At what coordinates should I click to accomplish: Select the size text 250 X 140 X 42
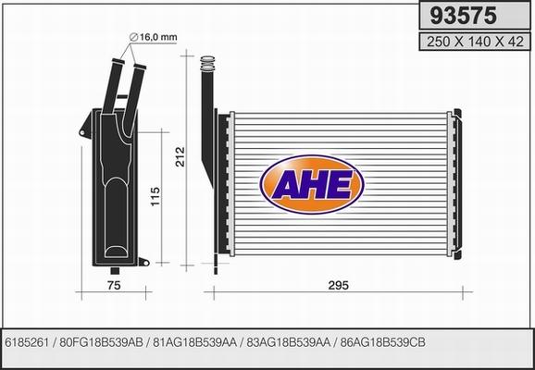[469, 42]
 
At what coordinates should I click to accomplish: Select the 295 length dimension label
[338, 286]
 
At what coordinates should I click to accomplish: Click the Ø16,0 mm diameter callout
[154, 36]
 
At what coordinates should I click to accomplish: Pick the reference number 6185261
[29, 341]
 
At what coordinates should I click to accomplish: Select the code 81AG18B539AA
[194, 341]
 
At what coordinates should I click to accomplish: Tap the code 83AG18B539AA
[289, 341]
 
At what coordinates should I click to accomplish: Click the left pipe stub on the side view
[118, 84]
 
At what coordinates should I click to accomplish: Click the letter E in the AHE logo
[341, 185]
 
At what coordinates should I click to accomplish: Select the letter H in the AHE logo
[312, 185]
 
